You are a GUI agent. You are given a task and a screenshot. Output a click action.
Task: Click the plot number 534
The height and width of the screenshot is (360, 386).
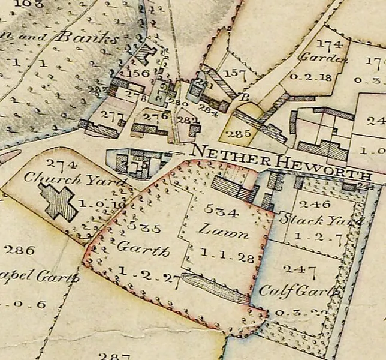tap(221, 210)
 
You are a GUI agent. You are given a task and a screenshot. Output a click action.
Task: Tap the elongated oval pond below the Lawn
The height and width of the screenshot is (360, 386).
tap(215, 289)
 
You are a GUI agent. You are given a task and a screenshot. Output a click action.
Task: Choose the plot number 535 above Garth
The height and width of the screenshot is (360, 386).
tap(144, 227)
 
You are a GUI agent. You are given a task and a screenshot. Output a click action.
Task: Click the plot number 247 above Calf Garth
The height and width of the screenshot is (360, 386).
tap(295, 269)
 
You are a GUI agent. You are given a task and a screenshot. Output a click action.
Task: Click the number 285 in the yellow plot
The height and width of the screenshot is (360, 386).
tap(239, 134)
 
